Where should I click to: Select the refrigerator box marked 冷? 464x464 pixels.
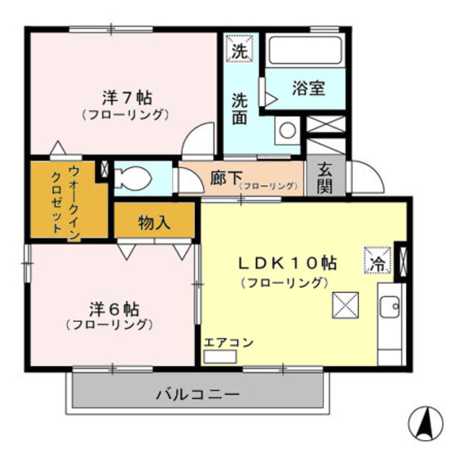click(x=377, y=262)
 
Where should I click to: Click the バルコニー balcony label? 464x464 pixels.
click(x=197, y=394)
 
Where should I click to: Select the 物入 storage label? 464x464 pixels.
click(x=154, y=223)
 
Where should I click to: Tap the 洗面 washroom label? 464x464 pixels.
click(x=240, y=108)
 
